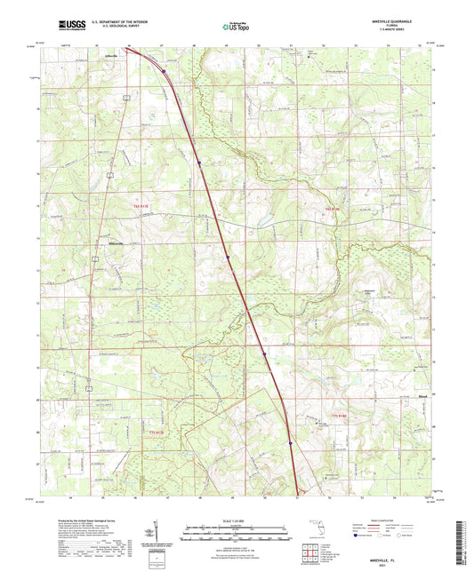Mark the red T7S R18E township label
pos(336,415)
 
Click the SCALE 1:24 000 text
pos(237,520)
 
